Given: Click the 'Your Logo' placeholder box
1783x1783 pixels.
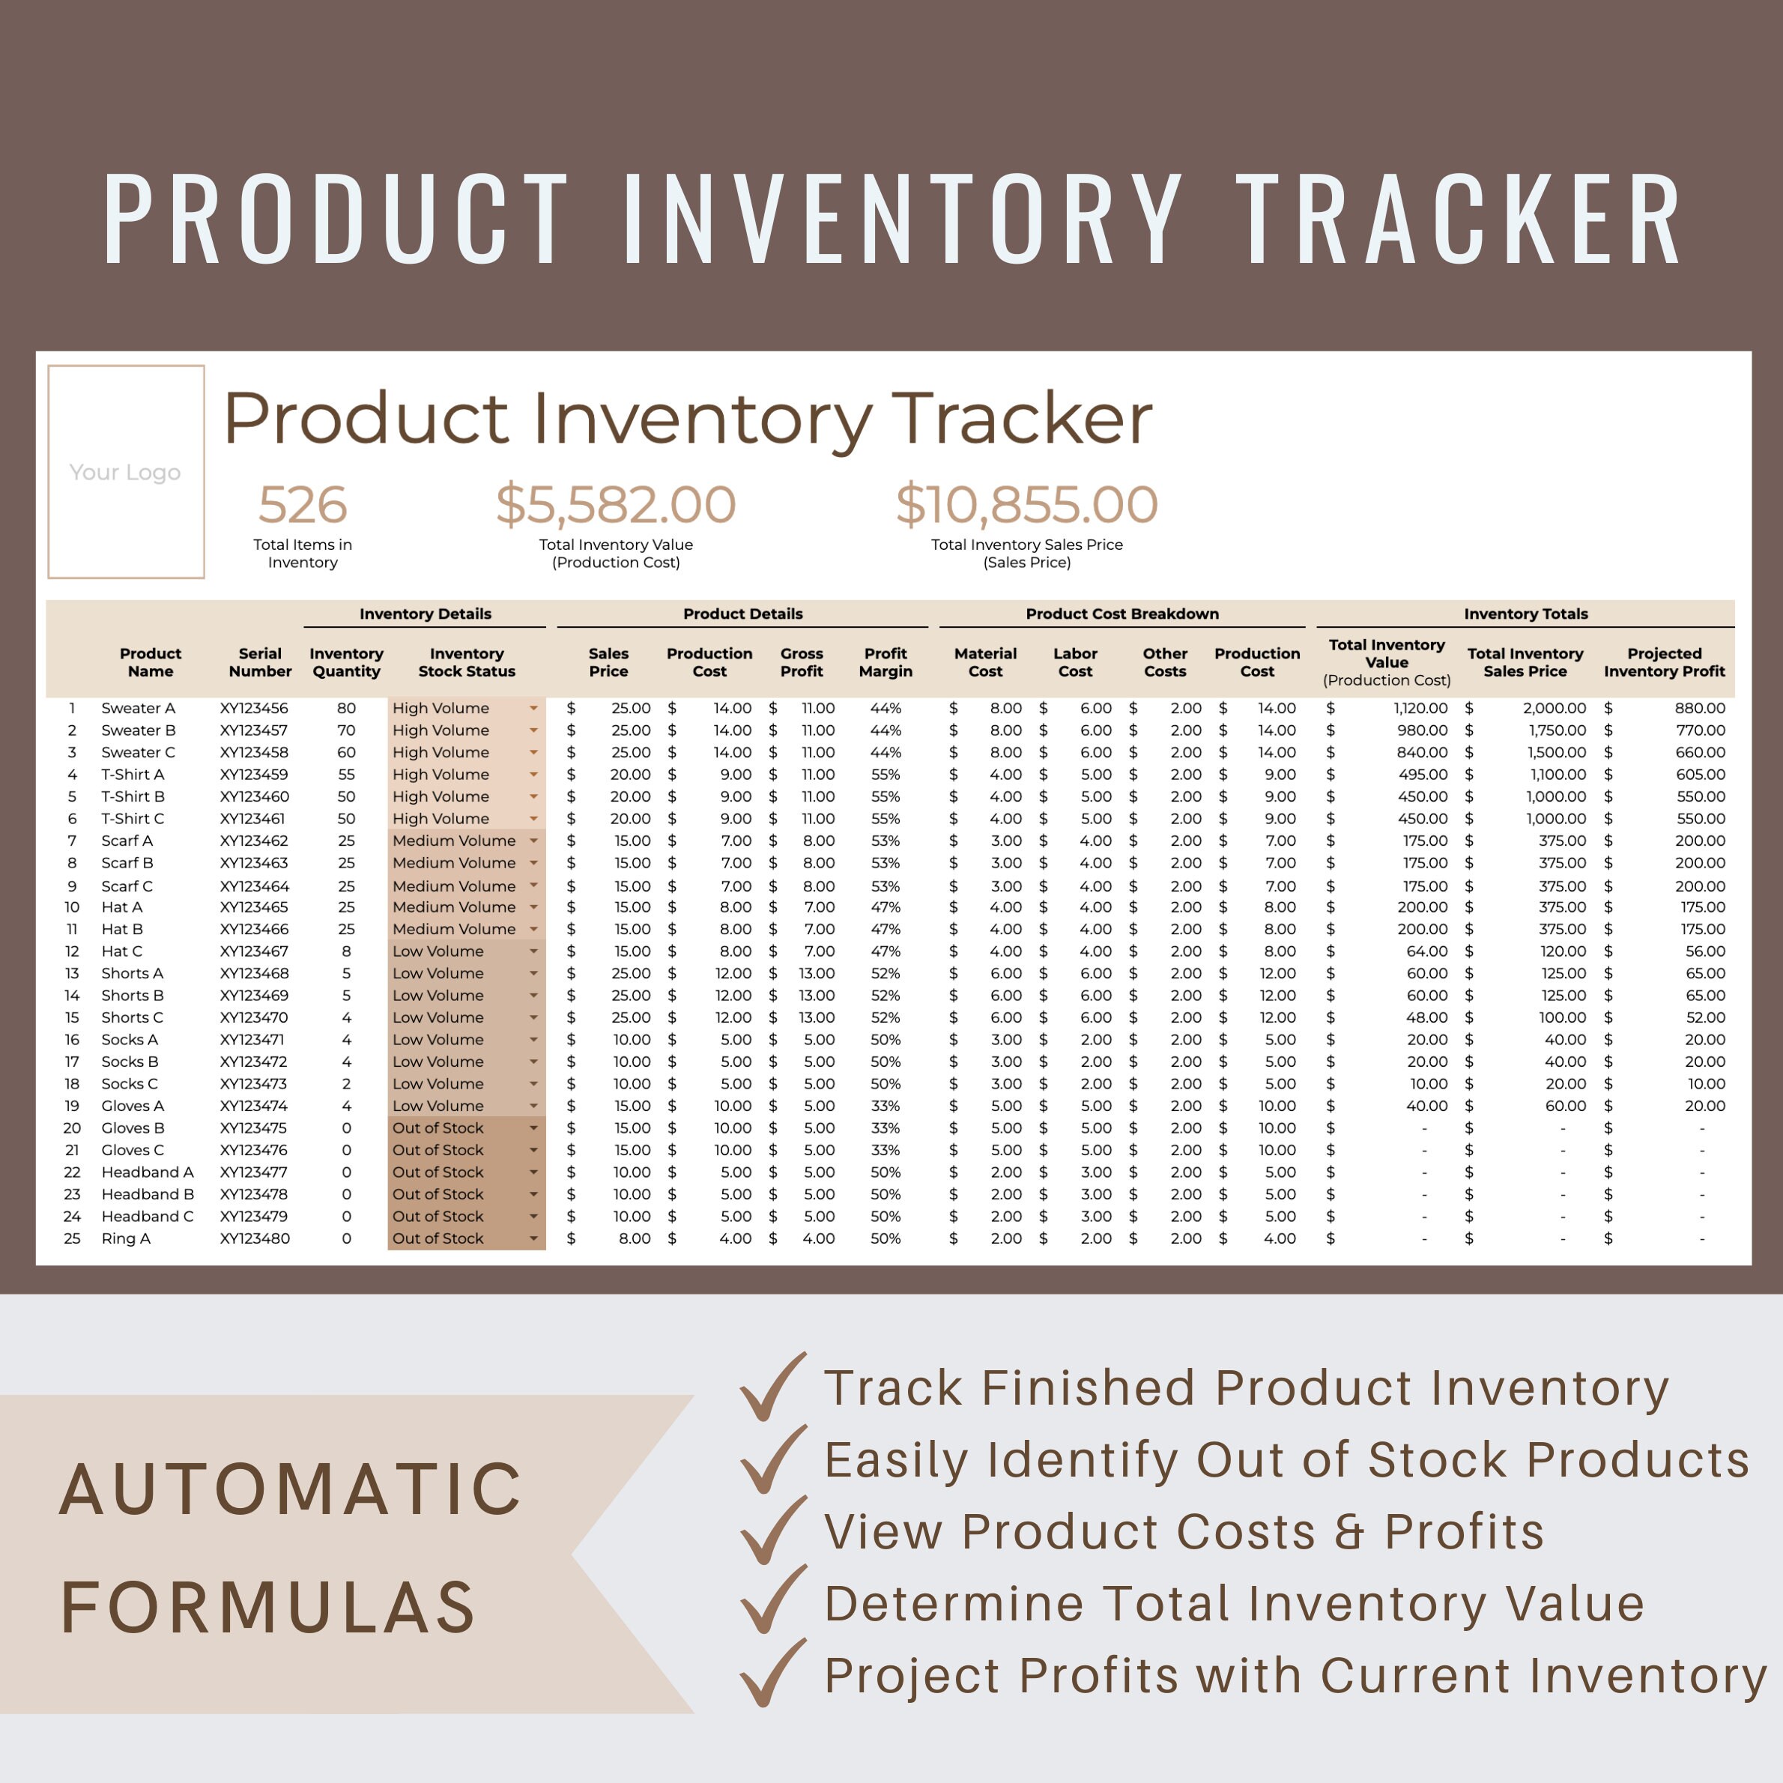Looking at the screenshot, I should pos(126,471).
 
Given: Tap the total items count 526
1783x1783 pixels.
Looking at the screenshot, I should pos(302,505).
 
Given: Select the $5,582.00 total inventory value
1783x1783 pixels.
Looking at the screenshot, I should pos(616,505).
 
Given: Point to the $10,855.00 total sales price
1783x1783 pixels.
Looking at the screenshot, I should pos(1026,505).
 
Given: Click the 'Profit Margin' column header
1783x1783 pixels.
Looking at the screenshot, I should pos(885,662).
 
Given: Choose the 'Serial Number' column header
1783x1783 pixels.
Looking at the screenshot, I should pos(259,662).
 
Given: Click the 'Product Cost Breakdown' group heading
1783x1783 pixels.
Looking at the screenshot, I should pos(1121,614).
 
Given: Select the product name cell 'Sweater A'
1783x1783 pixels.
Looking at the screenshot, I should pos(138,708).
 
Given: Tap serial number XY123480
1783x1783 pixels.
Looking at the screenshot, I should pos(254,1238).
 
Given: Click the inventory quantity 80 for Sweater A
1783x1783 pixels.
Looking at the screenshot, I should pos(346,708).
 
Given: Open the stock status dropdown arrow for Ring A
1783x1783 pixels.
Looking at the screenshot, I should pos(533,1238).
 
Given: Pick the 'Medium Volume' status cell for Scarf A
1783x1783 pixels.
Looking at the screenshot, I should pos(453,841).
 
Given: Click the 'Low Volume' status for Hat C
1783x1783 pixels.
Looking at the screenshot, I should pos(438,951).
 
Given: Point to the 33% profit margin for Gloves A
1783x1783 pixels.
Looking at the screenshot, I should pos(885,1106).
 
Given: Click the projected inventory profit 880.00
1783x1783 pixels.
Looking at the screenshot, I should pos(1699,708).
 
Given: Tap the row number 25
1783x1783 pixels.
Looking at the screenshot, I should pos(72,1238).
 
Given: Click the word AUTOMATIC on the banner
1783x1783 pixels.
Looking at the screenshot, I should pos(291,1489).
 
